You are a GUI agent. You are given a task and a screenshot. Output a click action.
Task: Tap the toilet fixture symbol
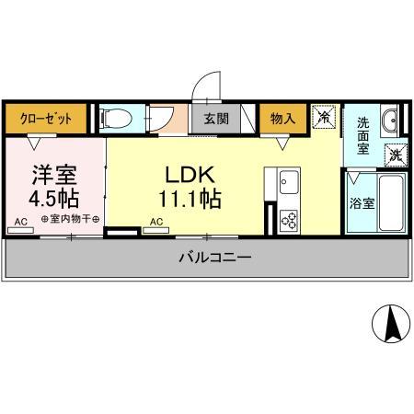coord(114,118)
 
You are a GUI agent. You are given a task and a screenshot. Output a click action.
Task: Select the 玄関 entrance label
coord(216,119)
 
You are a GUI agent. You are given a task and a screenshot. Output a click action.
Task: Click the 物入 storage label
coord(282,118)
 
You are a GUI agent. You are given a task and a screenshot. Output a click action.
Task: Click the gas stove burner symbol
coord(289,219)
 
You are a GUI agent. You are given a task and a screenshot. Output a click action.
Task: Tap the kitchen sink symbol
coord(287,179)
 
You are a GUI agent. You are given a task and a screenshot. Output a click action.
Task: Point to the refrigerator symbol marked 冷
coord(323,118)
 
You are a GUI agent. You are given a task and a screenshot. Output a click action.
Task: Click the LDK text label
coord(190,174)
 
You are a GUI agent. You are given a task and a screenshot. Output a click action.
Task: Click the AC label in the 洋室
coord(20,221)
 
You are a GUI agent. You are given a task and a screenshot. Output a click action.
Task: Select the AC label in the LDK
coord(155,221)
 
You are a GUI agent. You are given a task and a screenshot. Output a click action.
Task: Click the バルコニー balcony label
coord(214,258)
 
